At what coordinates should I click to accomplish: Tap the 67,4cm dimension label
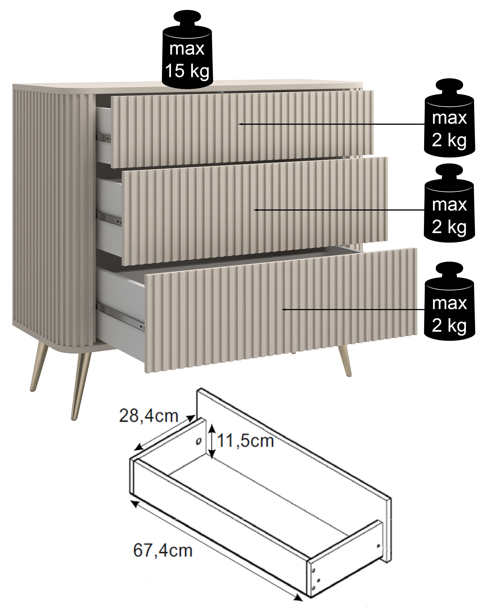pyautogui.click(x=163, y=551)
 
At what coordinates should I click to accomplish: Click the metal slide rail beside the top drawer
pyautogui.click(x=104, y=137)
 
